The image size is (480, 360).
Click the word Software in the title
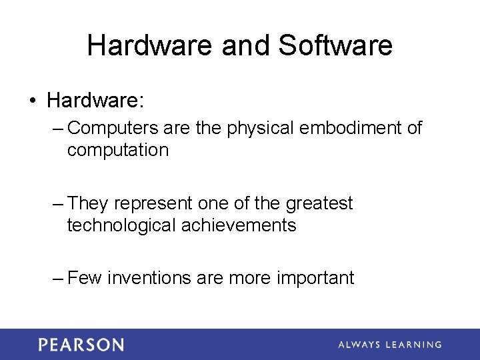pos(335,46)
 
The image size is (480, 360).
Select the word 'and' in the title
pos(241,46)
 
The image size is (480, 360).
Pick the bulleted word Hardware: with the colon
pos(96,101)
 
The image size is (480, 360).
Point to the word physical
pos(261,128)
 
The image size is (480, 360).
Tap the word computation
pos(117,151)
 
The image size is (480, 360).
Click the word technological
pos(122,225)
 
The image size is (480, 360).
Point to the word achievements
pos(239,225)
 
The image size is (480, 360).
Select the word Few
pos(85,278)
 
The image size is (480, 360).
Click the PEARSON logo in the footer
pos(81,345)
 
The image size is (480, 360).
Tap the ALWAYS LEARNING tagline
pos(389,345)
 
